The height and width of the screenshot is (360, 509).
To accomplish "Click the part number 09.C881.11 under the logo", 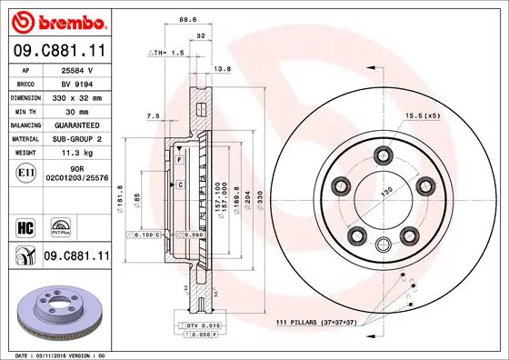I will pos(56,51).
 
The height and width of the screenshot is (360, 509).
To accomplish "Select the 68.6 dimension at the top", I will pos(188,19).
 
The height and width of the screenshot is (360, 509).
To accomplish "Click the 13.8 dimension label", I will pos(220,68).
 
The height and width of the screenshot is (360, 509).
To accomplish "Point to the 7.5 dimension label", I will pos(153,115).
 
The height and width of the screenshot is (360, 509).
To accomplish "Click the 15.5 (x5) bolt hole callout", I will pos(423,115).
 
